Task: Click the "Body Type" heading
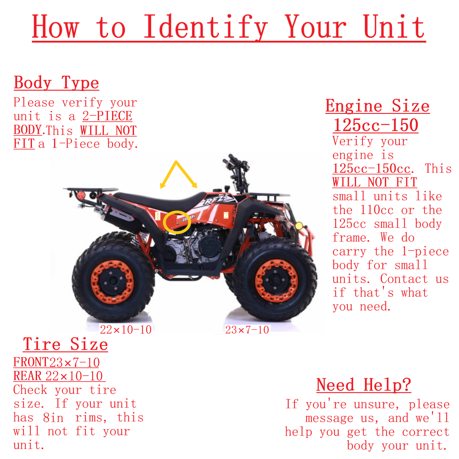(x=56, y=83)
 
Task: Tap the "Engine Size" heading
(x=377, y=106)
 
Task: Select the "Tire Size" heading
(x=65, y=344)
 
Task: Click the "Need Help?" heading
(x=364, y=385)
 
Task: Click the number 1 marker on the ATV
(x=158, y=216)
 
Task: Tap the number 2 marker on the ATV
(x=226, y=215)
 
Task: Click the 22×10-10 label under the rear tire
(x=126, y=330)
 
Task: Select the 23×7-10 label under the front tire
(x=247, y=330)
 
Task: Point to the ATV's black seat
(x=159, y=201)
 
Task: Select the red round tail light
(x=81, y=195)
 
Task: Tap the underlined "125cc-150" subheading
(x=375, y=125)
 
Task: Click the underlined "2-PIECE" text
(x=107, y=116)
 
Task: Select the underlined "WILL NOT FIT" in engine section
(x=375, y=182)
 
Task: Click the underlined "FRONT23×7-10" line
(x=57, y=362)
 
